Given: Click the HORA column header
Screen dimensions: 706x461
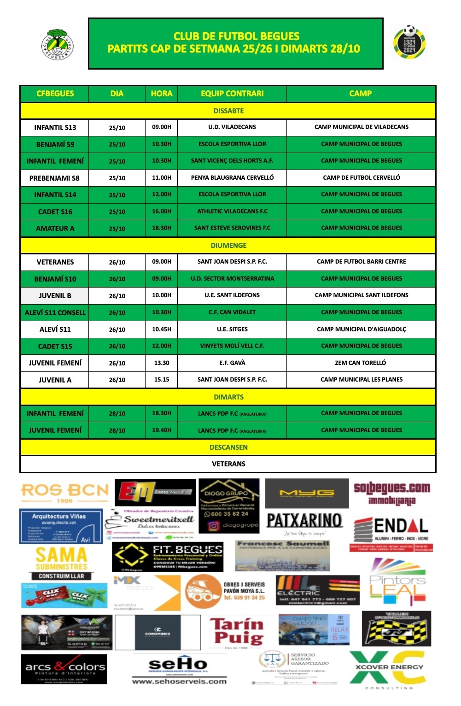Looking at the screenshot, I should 161,94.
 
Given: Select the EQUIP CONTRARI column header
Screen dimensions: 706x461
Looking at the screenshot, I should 232,94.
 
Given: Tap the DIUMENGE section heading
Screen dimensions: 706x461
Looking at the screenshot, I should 228,245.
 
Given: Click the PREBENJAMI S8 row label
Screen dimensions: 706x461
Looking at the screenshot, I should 54,178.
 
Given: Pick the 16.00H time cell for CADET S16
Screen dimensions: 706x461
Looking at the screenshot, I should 161,212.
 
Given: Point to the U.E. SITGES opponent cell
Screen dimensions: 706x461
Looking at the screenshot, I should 232,329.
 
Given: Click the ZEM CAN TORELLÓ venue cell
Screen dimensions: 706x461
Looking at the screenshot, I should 361,363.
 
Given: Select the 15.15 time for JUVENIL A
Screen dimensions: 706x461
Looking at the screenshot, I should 161,380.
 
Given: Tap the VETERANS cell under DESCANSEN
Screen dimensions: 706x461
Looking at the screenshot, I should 228,464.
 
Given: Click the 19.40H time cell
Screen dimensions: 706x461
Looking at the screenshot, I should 161,430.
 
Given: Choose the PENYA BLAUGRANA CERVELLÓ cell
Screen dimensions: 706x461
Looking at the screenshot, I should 232,178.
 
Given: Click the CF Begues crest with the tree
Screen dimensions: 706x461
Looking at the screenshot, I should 58,44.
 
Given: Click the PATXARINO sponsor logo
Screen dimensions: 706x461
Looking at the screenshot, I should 304,522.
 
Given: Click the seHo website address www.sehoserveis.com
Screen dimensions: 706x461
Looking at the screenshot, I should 179,681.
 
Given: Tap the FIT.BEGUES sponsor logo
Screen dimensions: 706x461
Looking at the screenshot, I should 168,556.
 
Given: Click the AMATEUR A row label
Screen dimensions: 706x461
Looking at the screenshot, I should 55,229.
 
